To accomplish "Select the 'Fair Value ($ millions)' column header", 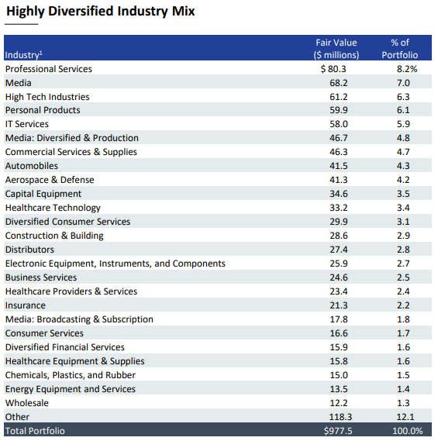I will pos(336,48).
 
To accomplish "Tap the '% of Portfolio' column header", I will pos(399,48).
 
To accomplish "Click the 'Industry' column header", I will pos(24,55).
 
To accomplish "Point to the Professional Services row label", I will pos(49,69).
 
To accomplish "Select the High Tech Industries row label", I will pos(47,97).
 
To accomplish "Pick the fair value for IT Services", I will pos(339,124).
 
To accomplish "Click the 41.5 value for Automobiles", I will pos(339,166).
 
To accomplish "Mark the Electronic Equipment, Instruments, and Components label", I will pos(116,264).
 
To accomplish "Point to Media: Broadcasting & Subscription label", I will pos(79,319).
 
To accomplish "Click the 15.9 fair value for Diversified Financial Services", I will pos(339,347).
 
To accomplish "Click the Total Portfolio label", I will pos(35,431).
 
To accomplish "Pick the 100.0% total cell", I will pos(406,431).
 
